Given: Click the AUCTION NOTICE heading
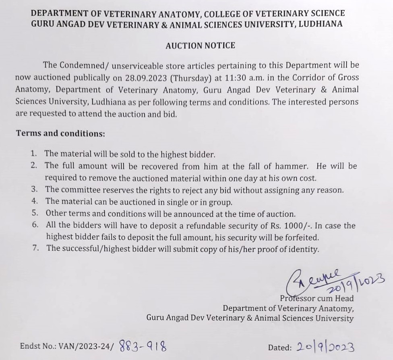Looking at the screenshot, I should [200, 46].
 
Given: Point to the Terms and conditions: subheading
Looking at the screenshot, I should [55, 133].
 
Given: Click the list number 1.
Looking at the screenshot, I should [34, 154].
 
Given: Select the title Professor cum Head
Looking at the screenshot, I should [317, 299].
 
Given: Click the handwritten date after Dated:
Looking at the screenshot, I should [325, 346].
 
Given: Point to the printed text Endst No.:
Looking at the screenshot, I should [38, 346].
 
